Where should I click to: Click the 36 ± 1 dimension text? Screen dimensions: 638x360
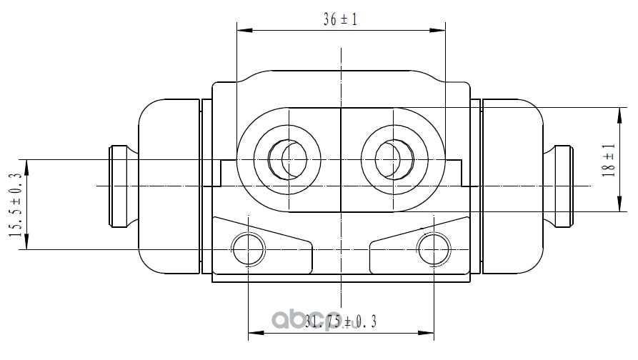(x=340, y=19)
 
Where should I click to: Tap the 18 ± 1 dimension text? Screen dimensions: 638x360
(x=609, y=160)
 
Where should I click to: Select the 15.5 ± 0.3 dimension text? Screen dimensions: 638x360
(x=16, y=205)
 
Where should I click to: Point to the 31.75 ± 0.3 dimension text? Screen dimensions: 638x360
(x=341, y=321)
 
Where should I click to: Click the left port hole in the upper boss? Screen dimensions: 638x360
(x=287, y=159)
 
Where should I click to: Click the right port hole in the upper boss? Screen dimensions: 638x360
(x=394, y=159)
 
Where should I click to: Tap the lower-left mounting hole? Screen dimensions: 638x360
(x=248, y=249)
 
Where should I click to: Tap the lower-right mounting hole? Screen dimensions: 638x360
(x=434, y=249)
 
